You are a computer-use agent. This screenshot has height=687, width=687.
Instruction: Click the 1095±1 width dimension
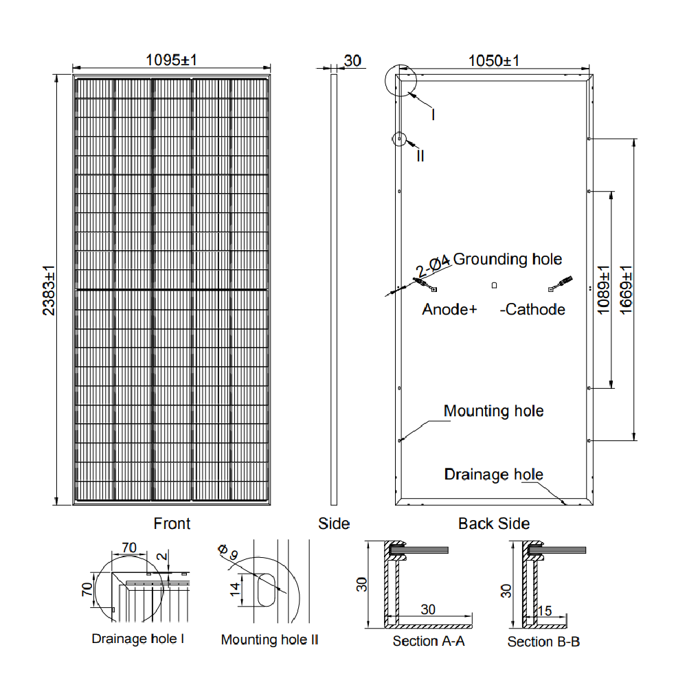point(171,60)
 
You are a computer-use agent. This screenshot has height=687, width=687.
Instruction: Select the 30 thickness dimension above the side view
point(352,60)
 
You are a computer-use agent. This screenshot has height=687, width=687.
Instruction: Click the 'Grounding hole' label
point(507,259)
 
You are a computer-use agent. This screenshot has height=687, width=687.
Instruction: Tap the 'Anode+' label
point(449,309)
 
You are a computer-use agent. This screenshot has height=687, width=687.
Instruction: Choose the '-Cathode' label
point(532,309)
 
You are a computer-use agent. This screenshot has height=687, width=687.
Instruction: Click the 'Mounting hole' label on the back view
point(493,411)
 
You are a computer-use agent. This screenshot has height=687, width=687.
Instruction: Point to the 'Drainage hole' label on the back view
point(493,474)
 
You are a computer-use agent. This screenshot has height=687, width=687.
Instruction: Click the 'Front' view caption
point(172,523)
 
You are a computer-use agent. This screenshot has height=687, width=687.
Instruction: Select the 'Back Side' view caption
point(494,523)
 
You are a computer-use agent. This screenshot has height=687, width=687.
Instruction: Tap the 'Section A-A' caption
point(429,641)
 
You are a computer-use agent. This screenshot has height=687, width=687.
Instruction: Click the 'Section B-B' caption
point(543,642)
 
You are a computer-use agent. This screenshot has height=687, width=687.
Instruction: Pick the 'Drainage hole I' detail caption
point(138,639)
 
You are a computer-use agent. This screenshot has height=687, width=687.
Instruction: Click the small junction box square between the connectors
point(493,284)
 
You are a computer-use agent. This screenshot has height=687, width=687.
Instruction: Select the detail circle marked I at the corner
point(401,81)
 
